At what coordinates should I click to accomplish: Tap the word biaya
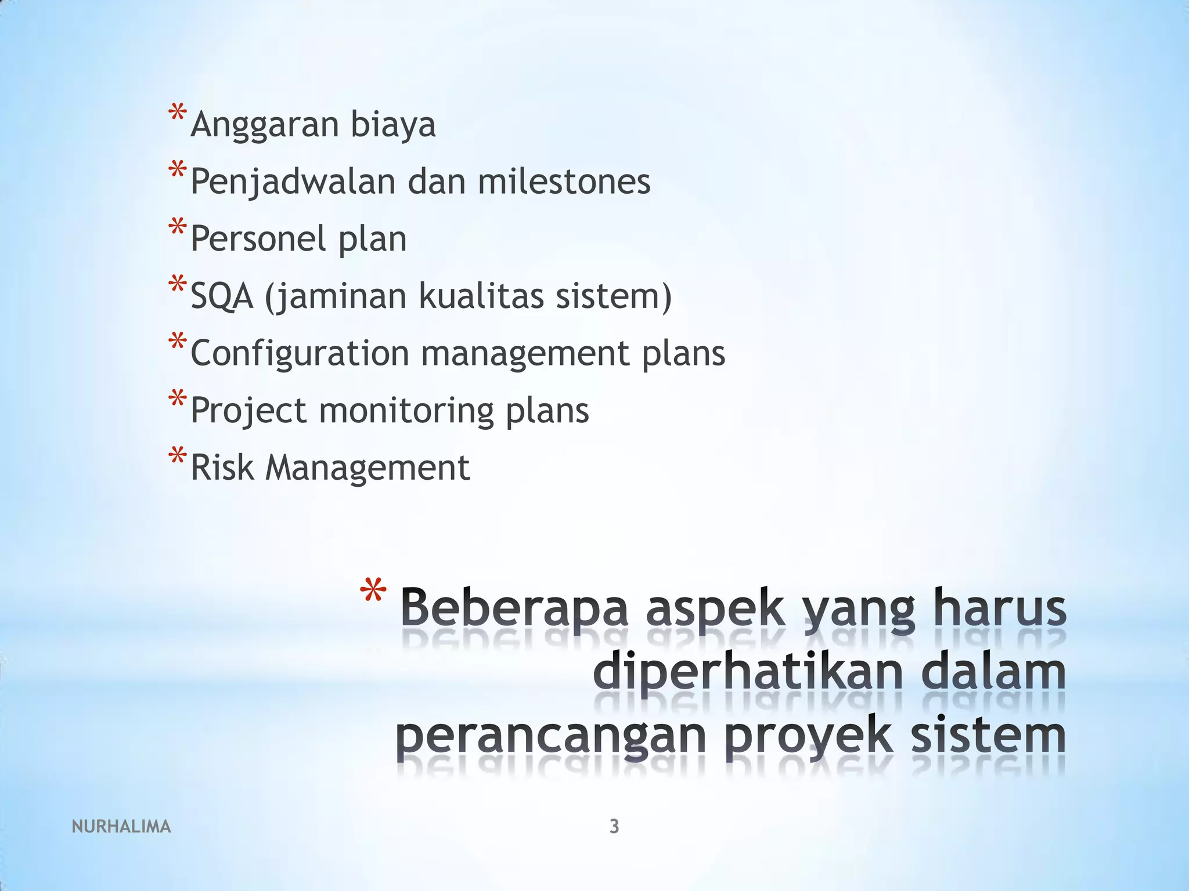coord(392,125)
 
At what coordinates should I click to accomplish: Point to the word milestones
coord(564,181)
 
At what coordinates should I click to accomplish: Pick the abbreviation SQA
coord(222,296)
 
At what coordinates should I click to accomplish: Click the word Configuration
coord(300,353)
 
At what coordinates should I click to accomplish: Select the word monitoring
coord(406,411)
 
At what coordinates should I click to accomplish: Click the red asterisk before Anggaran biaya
coord(177,113)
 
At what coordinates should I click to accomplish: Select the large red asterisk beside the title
coord(372,595)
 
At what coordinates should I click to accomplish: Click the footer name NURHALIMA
coord(121,827)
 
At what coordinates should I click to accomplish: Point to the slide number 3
coord(614,826)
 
